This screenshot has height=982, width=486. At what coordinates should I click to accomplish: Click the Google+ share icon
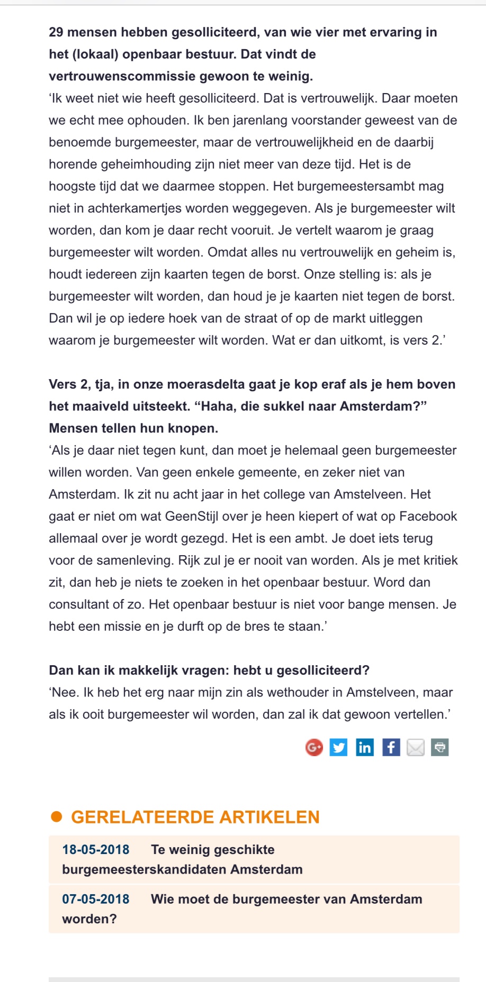(314, 747)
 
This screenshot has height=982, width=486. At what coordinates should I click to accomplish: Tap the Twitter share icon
(339, 747)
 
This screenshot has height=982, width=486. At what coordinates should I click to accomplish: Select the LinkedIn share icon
(364, 747)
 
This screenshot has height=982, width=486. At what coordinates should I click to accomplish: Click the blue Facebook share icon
(391, 747)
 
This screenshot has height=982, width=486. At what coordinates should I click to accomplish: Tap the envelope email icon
(416, 747)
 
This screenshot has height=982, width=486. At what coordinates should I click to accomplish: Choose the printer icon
(440, 747)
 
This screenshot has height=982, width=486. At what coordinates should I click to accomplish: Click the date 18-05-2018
(96, 849)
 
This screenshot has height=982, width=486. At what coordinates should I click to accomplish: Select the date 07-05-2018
(96, 899)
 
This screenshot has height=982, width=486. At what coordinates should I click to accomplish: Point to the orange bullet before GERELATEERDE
(56, 817)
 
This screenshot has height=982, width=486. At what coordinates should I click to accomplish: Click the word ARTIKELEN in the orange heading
(269, 817)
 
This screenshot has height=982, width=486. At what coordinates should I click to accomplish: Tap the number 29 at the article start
(56, 32)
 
